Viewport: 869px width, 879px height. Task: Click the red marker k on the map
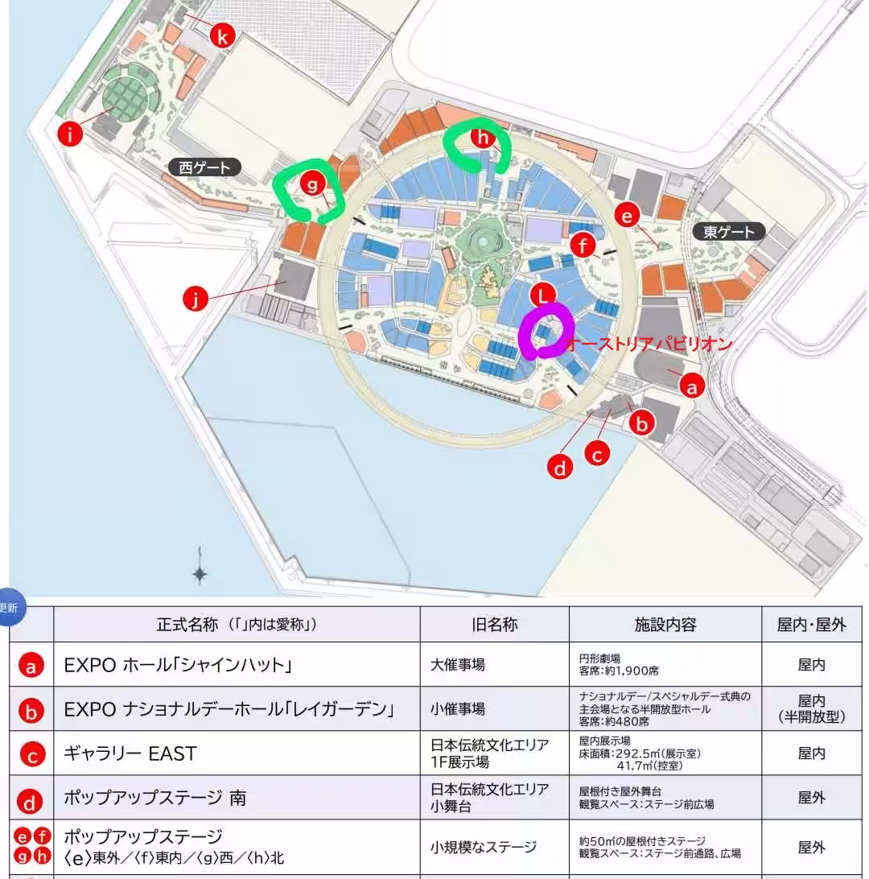pos(223,35)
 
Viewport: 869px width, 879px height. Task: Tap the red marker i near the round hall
pos(71,134)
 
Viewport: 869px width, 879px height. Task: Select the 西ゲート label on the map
pos(205,167)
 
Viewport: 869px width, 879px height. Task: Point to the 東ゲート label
pos(729,232)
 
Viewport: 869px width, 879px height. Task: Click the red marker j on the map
pos(195,300)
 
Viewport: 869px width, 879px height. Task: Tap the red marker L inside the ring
pos(545,295)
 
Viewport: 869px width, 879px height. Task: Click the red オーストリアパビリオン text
pos(649,345)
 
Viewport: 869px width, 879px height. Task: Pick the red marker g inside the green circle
pos(312,184)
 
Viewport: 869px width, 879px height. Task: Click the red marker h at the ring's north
pos(482,137)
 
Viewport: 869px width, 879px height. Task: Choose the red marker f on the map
pos(584,244)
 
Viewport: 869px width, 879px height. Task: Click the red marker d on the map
pos(560,466)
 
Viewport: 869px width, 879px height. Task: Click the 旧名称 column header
pos(494,625)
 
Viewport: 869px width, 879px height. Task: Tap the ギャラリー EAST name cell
pos(130,753)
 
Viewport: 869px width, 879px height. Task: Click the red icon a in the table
pos(31,666)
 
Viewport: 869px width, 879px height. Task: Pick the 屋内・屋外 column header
pos(811,625)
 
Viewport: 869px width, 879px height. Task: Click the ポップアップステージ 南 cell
pos(155,799)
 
